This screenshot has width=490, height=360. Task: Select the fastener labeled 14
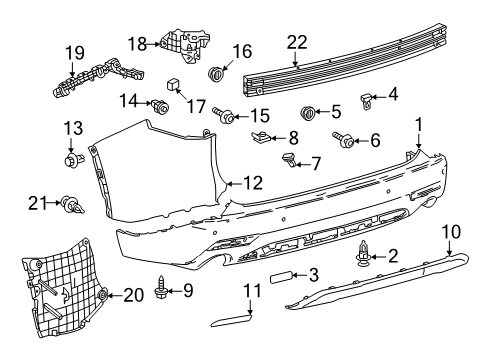[x=158, y=104]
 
